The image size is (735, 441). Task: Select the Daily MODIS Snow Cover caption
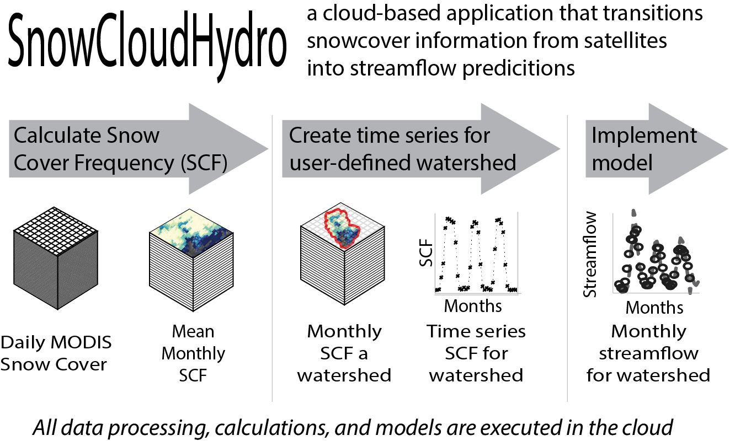(x=56, y=353)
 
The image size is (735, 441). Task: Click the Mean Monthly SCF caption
(x=193, y=353)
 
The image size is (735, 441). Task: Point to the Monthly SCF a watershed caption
(x=344, y=353)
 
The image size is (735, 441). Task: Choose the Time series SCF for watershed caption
(x=476, y=353)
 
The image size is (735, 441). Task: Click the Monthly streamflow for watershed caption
(x=648, y=353)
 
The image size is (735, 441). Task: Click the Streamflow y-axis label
(x=590, y=255)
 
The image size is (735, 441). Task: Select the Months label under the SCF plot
(x=473, y=305)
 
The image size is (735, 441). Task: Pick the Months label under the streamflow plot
(x=654, y=306)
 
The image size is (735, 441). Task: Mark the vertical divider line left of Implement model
(x=568, y=259)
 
